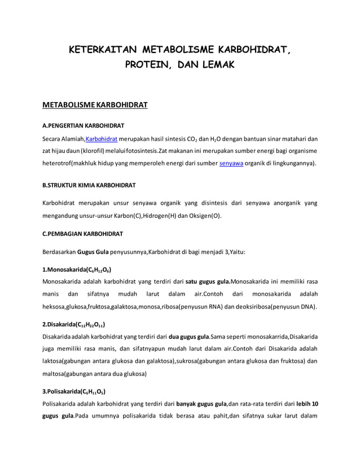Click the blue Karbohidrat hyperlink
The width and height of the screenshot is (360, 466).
tap(102, 139)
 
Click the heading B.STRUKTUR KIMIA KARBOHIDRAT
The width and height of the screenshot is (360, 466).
tap(89, 185)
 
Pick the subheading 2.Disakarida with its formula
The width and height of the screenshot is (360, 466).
tap(73, 324)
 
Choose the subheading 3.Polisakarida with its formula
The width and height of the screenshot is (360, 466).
tap(74, 391)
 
